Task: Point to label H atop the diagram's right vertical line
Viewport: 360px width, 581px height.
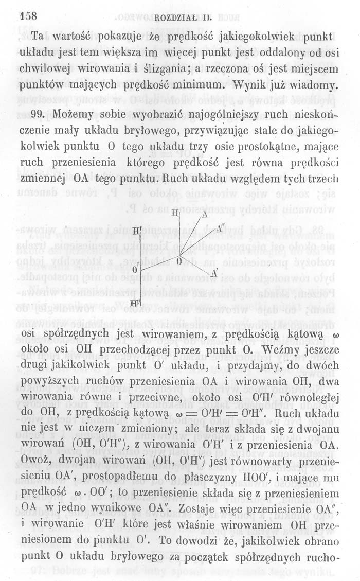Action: pyautogui.click(x=175, y=213)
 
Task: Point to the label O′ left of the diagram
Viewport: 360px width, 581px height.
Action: pyautogui.click(x=136, y=270)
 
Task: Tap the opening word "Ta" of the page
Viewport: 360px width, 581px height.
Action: pyautogui.click(x=38, y=37)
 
